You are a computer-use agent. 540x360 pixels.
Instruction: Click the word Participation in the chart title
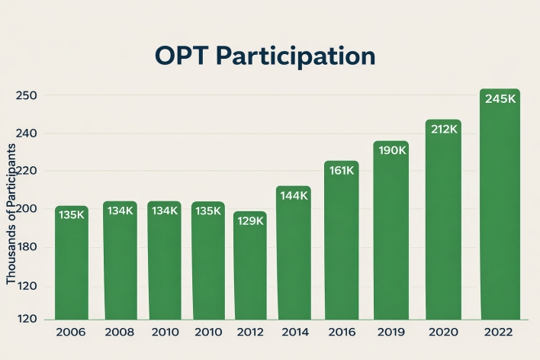point(300,57)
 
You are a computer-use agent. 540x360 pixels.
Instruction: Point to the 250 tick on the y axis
point(27,95)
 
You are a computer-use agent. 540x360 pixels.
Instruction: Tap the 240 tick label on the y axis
point(27,133)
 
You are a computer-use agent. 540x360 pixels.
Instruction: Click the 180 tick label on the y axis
point(27,247)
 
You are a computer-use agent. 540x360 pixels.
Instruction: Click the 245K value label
point(500,99)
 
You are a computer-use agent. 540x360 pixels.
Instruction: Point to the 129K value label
point(250,220)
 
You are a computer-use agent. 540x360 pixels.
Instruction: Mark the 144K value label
point(294,195)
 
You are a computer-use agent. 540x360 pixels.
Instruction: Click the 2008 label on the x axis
point(120,333)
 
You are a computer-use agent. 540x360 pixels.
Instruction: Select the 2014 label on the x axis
point(294,333)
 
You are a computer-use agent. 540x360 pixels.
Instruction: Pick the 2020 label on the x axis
point(442,333)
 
